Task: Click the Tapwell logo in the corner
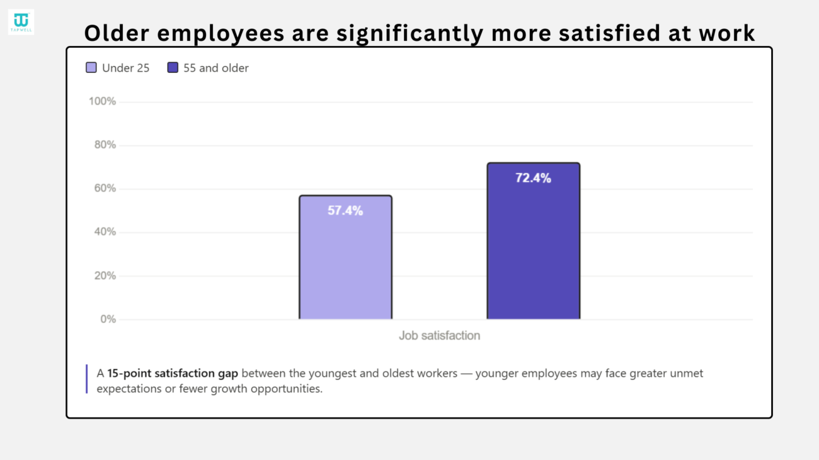pos(21,22)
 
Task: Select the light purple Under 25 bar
pos(345,257)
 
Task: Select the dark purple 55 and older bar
pos(534,241)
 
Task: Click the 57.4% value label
pos(345,211)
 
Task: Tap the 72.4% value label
pos(533,178)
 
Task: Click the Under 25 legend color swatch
pos(91,67)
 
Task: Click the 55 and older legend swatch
pos(173,67)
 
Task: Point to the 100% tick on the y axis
pos(102,101)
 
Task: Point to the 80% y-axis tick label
pos(105,145)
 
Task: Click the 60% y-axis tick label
pos(105,188)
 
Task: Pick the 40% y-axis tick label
pos(105,232)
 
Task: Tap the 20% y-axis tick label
pos(105,275)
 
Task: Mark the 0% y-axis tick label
pos(108,319)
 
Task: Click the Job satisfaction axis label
pos(440,335)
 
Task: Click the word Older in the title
pos(117,33)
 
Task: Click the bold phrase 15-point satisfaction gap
pos(173,374)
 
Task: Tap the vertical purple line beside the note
pos(87,379)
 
